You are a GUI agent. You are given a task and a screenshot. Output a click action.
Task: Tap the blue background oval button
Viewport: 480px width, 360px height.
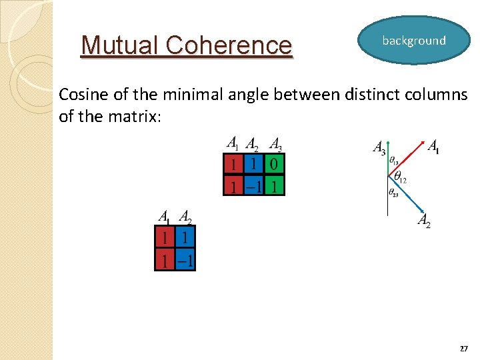coord(413,41)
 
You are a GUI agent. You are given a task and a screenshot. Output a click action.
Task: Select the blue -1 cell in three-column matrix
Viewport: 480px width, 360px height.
coord(253,185)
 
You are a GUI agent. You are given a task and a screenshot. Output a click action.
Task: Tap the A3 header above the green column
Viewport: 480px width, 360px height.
coord(275,144)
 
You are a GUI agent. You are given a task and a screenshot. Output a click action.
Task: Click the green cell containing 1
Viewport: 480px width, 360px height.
coord(274,185)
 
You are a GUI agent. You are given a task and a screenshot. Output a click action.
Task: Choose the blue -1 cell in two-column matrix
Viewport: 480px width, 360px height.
coord(185,259)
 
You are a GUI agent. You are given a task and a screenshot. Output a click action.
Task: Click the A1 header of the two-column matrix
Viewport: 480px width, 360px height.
coord(164,217)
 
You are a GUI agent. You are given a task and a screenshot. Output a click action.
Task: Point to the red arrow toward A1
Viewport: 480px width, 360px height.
coord(408,157)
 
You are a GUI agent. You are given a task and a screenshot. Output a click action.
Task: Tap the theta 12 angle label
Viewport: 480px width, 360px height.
coord(400,178)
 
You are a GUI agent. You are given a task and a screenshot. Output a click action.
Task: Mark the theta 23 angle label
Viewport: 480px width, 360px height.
coord(393,193)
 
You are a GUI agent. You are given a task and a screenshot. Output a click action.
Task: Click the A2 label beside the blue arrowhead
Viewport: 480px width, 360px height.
coord(424,221)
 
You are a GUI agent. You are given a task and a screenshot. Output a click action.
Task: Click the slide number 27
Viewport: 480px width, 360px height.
coord(463,349)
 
